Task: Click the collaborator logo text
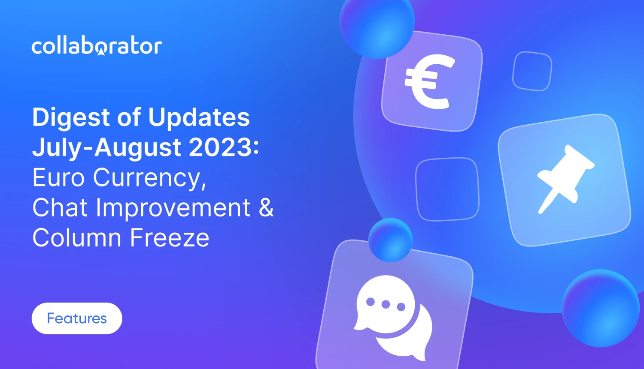97,46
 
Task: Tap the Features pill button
77,318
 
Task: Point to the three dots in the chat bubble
386,304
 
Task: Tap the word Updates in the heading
199,118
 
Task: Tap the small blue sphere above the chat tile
390,240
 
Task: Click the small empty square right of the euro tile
532,71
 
